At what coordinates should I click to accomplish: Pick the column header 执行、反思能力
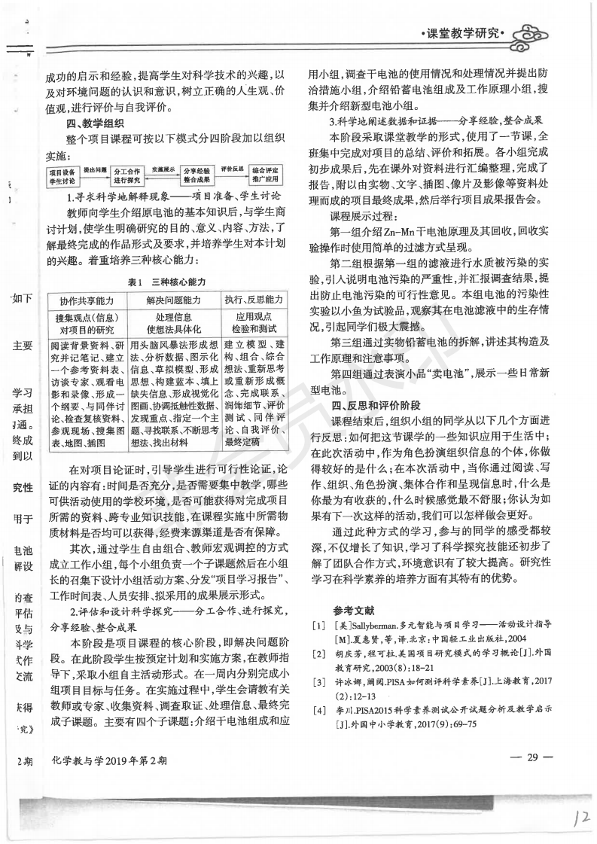252,299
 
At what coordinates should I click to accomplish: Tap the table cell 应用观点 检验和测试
252,323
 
